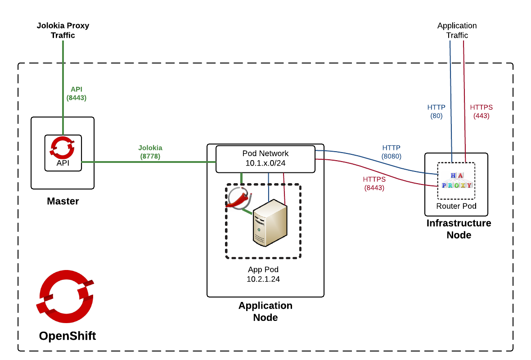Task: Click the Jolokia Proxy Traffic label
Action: (x=63, y=30)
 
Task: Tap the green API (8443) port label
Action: (x=76, y=93)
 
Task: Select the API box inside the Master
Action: (x=63, y=153)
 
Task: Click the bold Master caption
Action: (x=63, y=201)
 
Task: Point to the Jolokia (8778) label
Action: (x=150, y=152)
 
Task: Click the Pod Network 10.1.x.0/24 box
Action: (x=265, y=158)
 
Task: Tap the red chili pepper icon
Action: (x=238, y=199)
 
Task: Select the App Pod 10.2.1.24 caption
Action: (x=263, y=274)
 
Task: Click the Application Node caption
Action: (x=265, y=311)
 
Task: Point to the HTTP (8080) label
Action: (x=391, y=152)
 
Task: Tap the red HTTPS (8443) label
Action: (x=374, y=184)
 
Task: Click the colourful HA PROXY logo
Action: (x=456, y=180)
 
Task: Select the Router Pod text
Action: (x=456, y=206)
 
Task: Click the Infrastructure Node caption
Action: (x=459, y=229)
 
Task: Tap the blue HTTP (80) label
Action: (x=436, y=111)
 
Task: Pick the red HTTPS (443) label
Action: (x=481, y=111)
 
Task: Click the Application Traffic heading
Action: (x=457, y=30)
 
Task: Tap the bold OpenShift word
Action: (x=67, y=336)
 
